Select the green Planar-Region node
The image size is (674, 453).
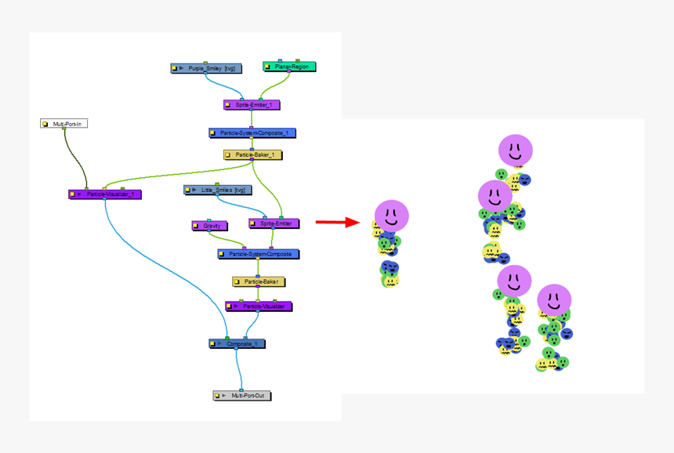click(289, 67)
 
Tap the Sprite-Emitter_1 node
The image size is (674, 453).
click(252, 104)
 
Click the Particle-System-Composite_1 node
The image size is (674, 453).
click(252, 133)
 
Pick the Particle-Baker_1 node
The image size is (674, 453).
click(252, 155)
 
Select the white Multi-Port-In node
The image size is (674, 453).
click(64, 124)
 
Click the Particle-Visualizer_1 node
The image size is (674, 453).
click(104, 194)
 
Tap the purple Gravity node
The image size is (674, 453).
click(209, 226)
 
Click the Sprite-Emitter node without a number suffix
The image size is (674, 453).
click(274, 223)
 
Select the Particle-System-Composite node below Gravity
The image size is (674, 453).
click(259, 254)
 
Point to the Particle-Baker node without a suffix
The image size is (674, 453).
click(259, 281)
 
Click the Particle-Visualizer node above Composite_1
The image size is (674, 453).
click(259, 306)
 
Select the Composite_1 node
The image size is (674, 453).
click(237, 343)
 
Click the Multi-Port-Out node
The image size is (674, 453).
click(242, 396)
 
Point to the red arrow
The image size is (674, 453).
click(337, 223)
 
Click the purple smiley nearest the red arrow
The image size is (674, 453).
click(391, 216)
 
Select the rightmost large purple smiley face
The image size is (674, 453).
click(554, 300)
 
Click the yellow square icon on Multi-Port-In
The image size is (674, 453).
click(46, 124)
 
